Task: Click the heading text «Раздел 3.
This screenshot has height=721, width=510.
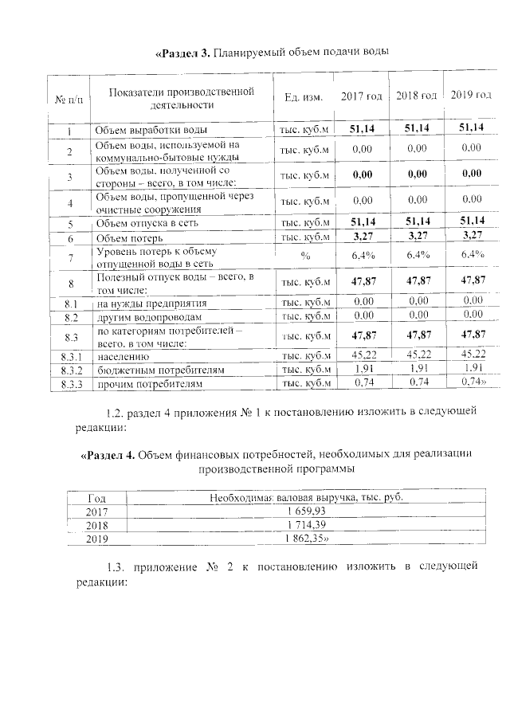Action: (182, 53)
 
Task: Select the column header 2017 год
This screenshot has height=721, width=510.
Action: (362, 96)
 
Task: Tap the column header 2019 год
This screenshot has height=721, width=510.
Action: (471, 96)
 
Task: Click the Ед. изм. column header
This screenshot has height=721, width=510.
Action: (303, 97)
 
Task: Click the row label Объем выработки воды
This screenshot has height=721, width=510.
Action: (151, 130)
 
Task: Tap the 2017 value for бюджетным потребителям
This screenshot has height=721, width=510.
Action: (363, 370)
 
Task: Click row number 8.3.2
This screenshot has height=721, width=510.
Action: (70, 370)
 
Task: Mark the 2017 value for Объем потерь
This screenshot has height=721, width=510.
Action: (363, 237)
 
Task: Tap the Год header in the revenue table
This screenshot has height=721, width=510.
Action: (96, 497)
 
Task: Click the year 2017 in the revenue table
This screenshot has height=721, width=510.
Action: (96, 511)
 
